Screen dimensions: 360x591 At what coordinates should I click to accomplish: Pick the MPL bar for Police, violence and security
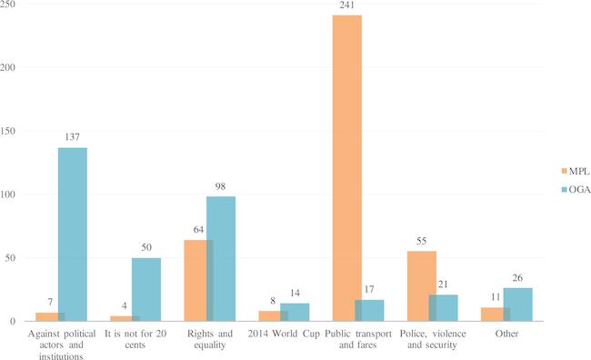pos(421,286)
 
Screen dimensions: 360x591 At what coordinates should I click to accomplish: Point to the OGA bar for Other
pos(517,305)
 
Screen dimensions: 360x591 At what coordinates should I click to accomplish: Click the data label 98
pos(221,187)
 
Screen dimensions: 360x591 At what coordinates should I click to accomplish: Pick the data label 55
pos(421,242)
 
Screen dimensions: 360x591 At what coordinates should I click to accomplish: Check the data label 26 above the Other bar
pos(517,279)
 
